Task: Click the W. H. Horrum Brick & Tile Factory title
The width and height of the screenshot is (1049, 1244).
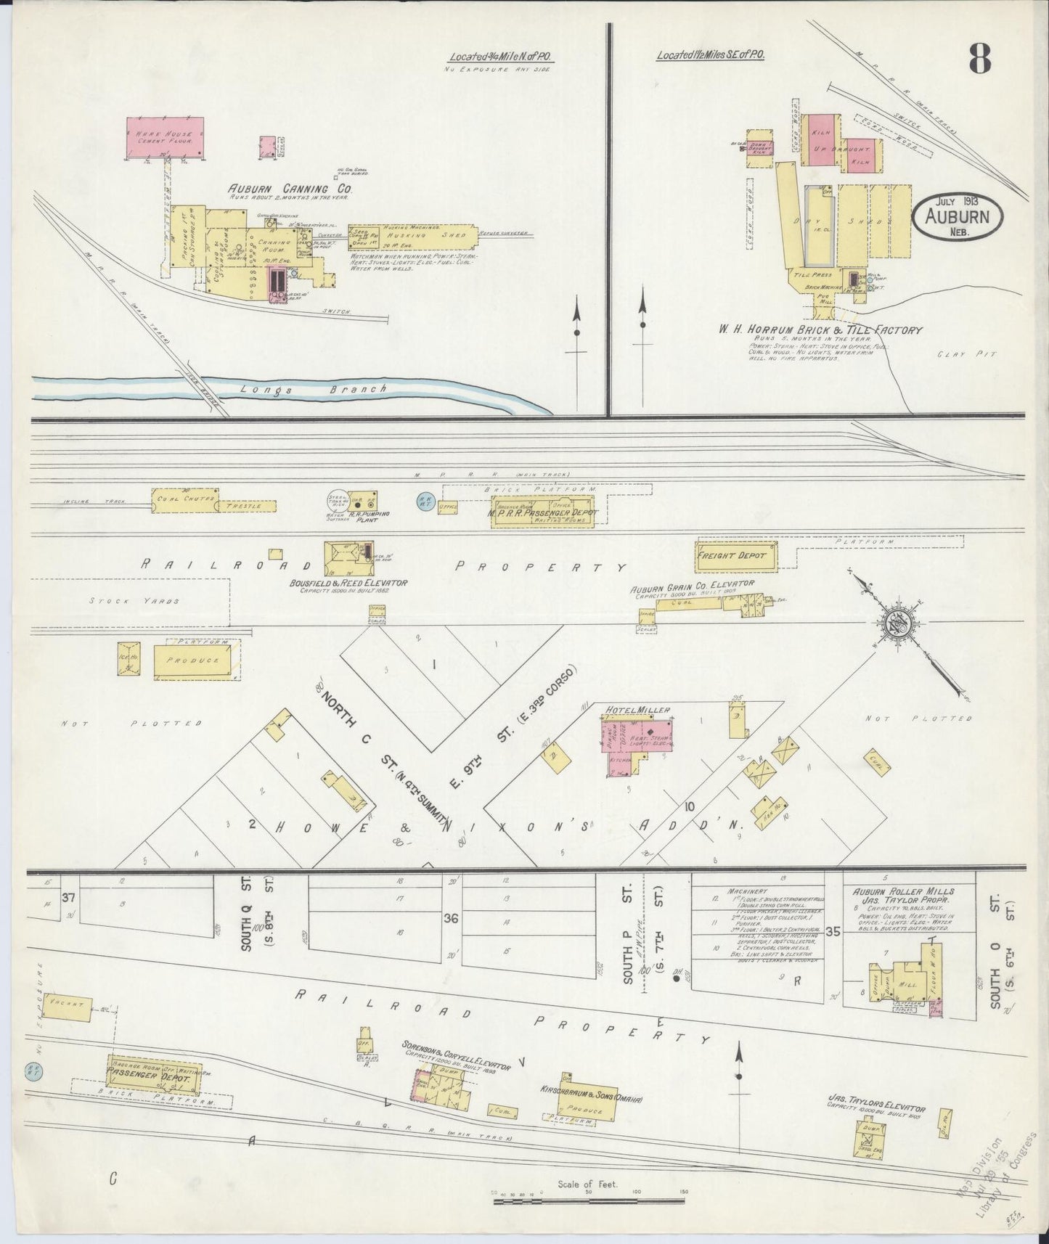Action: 820,330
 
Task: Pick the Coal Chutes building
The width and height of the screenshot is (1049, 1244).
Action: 184,499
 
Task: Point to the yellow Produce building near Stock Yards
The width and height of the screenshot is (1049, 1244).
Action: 196,661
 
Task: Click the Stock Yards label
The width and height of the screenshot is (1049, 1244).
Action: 134,600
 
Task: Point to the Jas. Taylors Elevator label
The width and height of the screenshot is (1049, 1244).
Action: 876,1108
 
